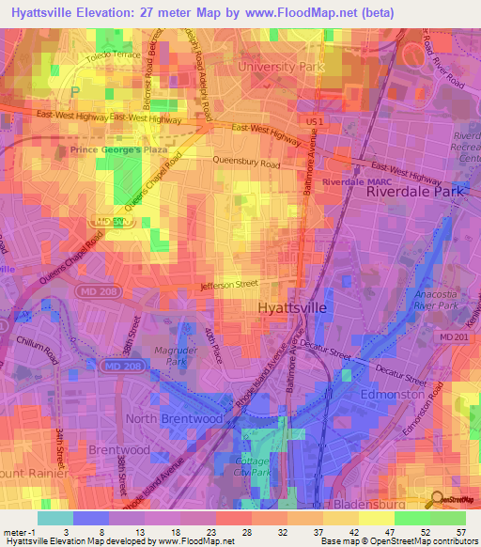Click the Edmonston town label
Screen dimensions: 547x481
392,396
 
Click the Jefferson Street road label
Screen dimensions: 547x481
228,284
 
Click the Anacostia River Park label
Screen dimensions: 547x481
430,299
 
